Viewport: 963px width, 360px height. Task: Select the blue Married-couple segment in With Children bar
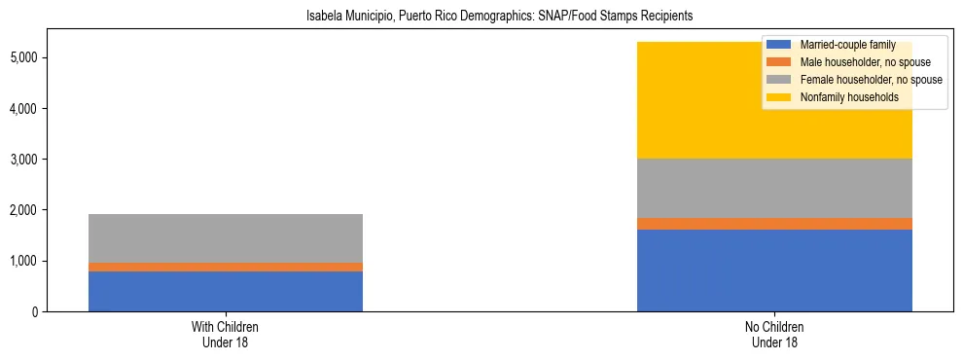tap(226, 291)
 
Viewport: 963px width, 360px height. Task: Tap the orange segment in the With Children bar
tap(226, 267)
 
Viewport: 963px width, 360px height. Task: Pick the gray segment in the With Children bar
tap(226, 238)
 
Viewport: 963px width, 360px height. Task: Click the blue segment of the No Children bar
tap(774, 270)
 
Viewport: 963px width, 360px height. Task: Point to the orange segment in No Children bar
tap(774, 224)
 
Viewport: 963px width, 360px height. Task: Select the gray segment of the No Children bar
tap(774, 188)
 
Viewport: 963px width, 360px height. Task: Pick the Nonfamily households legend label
tap(847, 97)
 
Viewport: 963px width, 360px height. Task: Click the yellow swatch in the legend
tap(778, 97)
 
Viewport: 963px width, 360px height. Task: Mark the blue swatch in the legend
tap(778, 45)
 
